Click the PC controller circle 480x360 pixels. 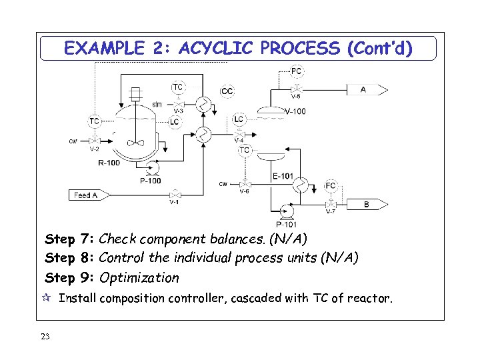(x=297, y=71)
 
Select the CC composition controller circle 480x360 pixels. (x=227, y=91)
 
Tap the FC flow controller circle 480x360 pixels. (x=331, y=185)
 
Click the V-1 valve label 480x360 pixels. (x=173, y=202)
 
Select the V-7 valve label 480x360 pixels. (x=331, y=212)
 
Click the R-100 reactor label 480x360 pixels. (x=109, y=162)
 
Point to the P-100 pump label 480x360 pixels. (x=150, y=181)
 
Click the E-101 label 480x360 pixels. (x=283, y=176)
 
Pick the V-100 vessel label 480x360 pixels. (x=295, y=111)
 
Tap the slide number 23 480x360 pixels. (x=45, y=337)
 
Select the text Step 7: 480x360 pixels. (x=69, y=239)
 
